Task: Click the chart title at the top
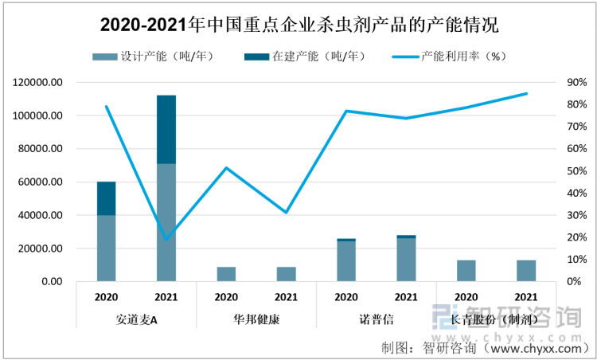(298, 25)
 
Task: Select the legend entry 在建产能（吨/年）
(307, 57)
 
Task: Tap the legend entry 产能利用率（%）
(454, 57)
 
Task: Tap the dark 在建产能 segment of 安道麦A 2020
(106, 198)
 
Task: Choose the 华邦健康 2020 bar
(226, 274)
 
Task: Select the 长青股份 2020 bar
(466, 271)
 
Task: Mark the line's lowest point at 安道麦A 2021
(166, 240)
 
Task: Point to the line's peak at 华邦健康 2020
(226, 168)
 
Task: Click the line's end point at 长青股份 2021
(526, 94)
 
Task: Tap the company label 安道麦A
(136, 320)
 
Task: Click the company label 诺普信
(377, 320)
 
